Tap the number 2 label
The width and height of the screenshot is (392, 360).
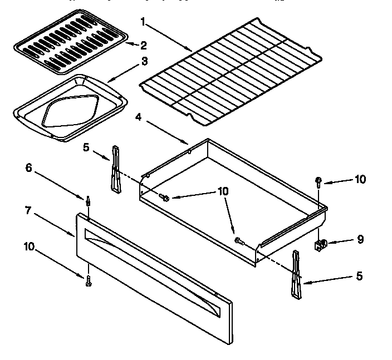pos(144,45)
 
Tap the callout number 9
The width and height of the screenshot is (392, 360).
pos(360,240)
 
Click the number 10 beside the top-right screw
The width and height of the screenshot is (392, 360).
pos(361,179)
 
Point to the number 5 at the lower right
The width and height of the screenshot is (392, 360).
pos(359,276)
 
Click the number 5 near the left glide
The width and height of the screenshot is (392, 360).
pos(86,147)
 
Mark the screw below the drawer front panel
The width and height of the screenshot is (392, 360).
pos(88,282)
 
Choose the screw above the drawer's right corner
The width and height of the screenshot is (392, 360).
pos(318,181)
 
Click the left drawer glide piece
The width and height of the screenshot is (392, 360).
pos(116,170)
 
